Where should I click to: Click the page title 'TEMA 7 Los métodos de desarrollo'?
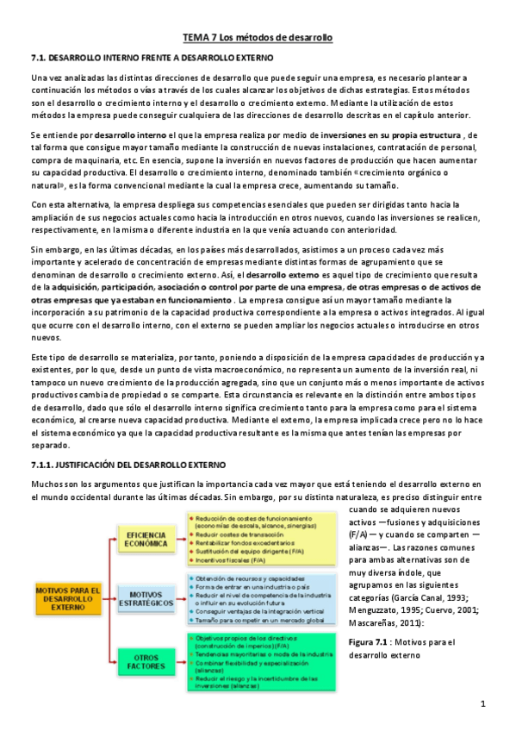[258, 39]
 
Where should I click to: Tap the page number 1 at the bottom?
[483, 703]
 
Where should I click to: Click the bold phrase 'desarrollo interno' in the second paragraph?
[131, 136]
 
